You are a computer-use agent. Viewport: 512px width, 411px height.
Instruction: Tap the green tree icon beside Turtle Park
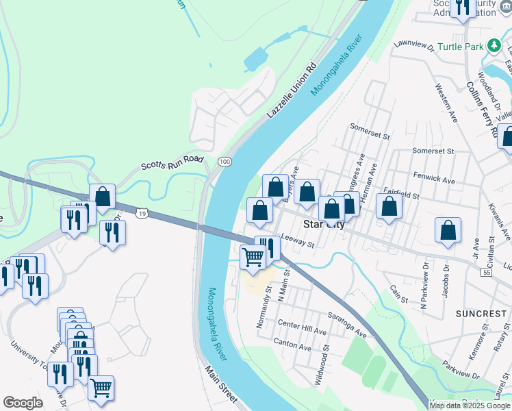493,47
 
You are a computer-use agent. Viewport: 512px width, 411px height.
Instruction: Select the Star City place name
324,224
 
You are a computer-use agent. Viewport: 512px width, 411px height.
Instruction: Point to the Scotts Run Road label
173,162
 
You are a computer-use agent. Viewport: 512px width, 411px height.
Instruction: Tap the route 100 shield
225,160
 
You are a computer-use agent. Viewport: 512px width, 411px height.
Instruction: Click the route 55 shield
487,273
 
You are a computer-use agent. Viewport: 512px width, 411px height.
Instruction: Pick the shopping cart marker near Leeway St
253,258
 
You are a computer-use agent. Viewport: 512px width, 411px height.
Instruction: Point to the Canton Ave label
292,342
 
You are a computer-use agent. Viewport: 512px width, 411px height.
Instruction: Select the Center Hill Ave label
302,327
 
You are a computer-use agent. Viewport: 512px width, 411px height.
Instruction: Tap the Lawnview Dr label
414,45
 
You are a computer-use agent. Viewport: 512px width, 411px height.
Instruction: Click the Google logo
23,403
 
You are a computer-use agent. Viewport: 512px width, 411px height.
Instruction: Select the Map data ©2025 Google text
469,406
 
